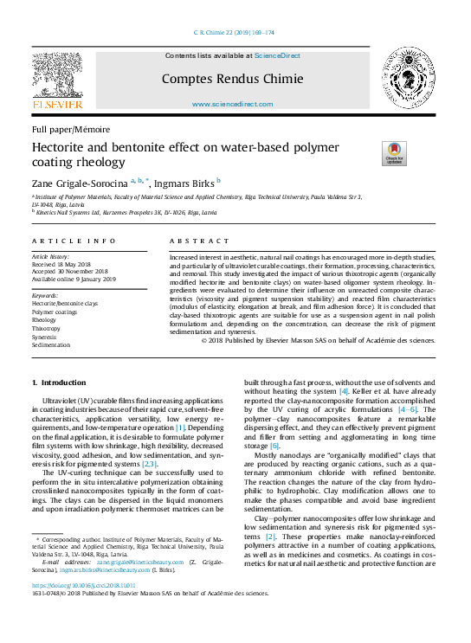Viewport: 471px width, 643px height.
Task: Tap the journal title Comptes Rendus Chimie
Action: click(x=232, y=79)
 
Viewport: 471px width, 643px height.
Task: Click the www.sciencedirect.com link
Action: click(x=232, y=104)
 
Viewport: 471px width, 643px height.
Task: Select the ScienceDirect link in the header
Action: click(x=279, y=55)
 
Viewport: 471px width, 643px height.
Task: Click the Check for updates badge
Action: click(x=394, y=153)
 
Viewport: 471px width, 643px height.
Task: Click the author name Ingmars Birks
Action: click(x=188, y=183)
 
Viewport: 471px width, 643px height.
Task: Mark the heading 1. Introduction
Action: click(x=59, y=382)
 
